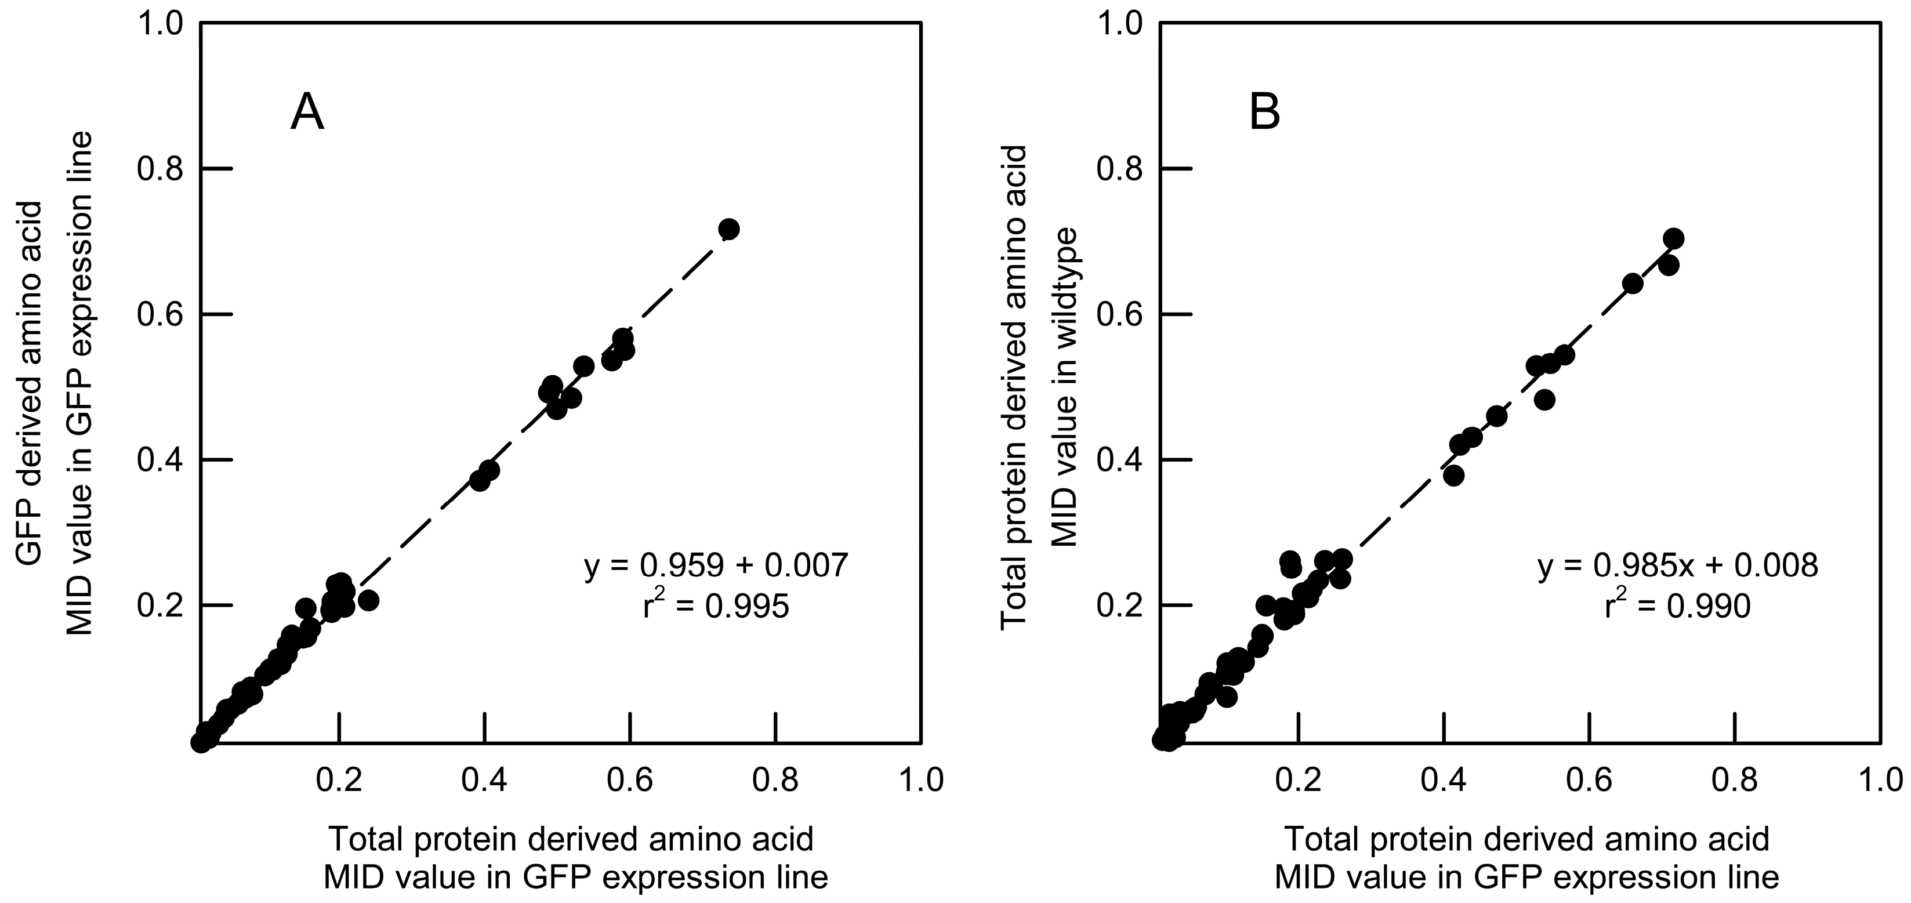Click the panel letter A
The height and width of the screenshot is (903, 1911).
pyautogui.click(x=307, y=114)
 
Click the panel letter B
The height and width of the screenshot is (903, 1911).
pyautogui.click(x=1265, y=114)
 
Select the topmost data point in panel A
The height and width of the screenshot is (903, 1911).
pyautogui.click(x=728, y=229)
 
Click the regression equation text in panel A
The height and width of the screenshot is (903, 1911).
pyautogui.click(x=716, y=566)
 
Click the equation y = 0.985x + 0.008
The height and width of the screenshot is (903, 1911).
pyautogui.click(x=1677, y=566)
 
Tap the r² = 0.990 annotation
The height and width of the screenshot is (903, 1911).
pyautogui.click(x=1677, y=607)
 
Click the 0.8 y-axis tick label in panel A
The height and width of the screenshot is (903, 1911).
pyautogui.click(x=160, y=169)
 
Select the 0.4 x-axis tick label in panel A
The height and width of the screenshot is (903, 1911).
pyautogui.click(x=484, y=780)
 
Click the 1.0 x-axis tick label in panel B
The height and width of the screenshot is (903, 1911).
pyautogui.click(x=1881, y=780)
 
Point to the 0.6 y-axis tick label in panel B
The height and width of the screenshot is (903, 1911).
pyautogui.click(x=1119, y=314)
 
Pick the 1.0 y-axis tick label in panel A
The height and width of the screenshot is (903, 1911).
pyautogui.click(x=160, y=24)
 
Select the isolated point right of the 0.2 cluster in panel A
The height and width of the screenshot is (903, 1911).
pyautogui.click(x=368, y=600)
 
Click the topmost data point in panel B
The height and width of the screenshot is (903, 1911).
pyautogui.click(x=1674, y=238)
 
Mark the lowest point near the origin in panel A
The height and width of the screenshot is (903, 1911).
pyautogui.click(x=200, y=741)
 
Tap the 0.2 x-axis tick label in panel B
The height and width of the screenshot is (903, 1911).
pyautogui.click(x=1298, y=780)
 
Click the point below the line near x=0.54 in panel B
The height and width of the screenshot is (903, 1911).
pyautogui.click(x=1544, y=399)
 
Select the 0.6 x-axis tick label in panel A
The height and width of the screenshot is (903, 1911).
pyautogui.click(x=629, y=780)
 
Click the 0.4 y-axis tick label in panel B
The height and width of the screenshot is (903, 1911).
pyautogui.click(x=1119, y=460)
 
